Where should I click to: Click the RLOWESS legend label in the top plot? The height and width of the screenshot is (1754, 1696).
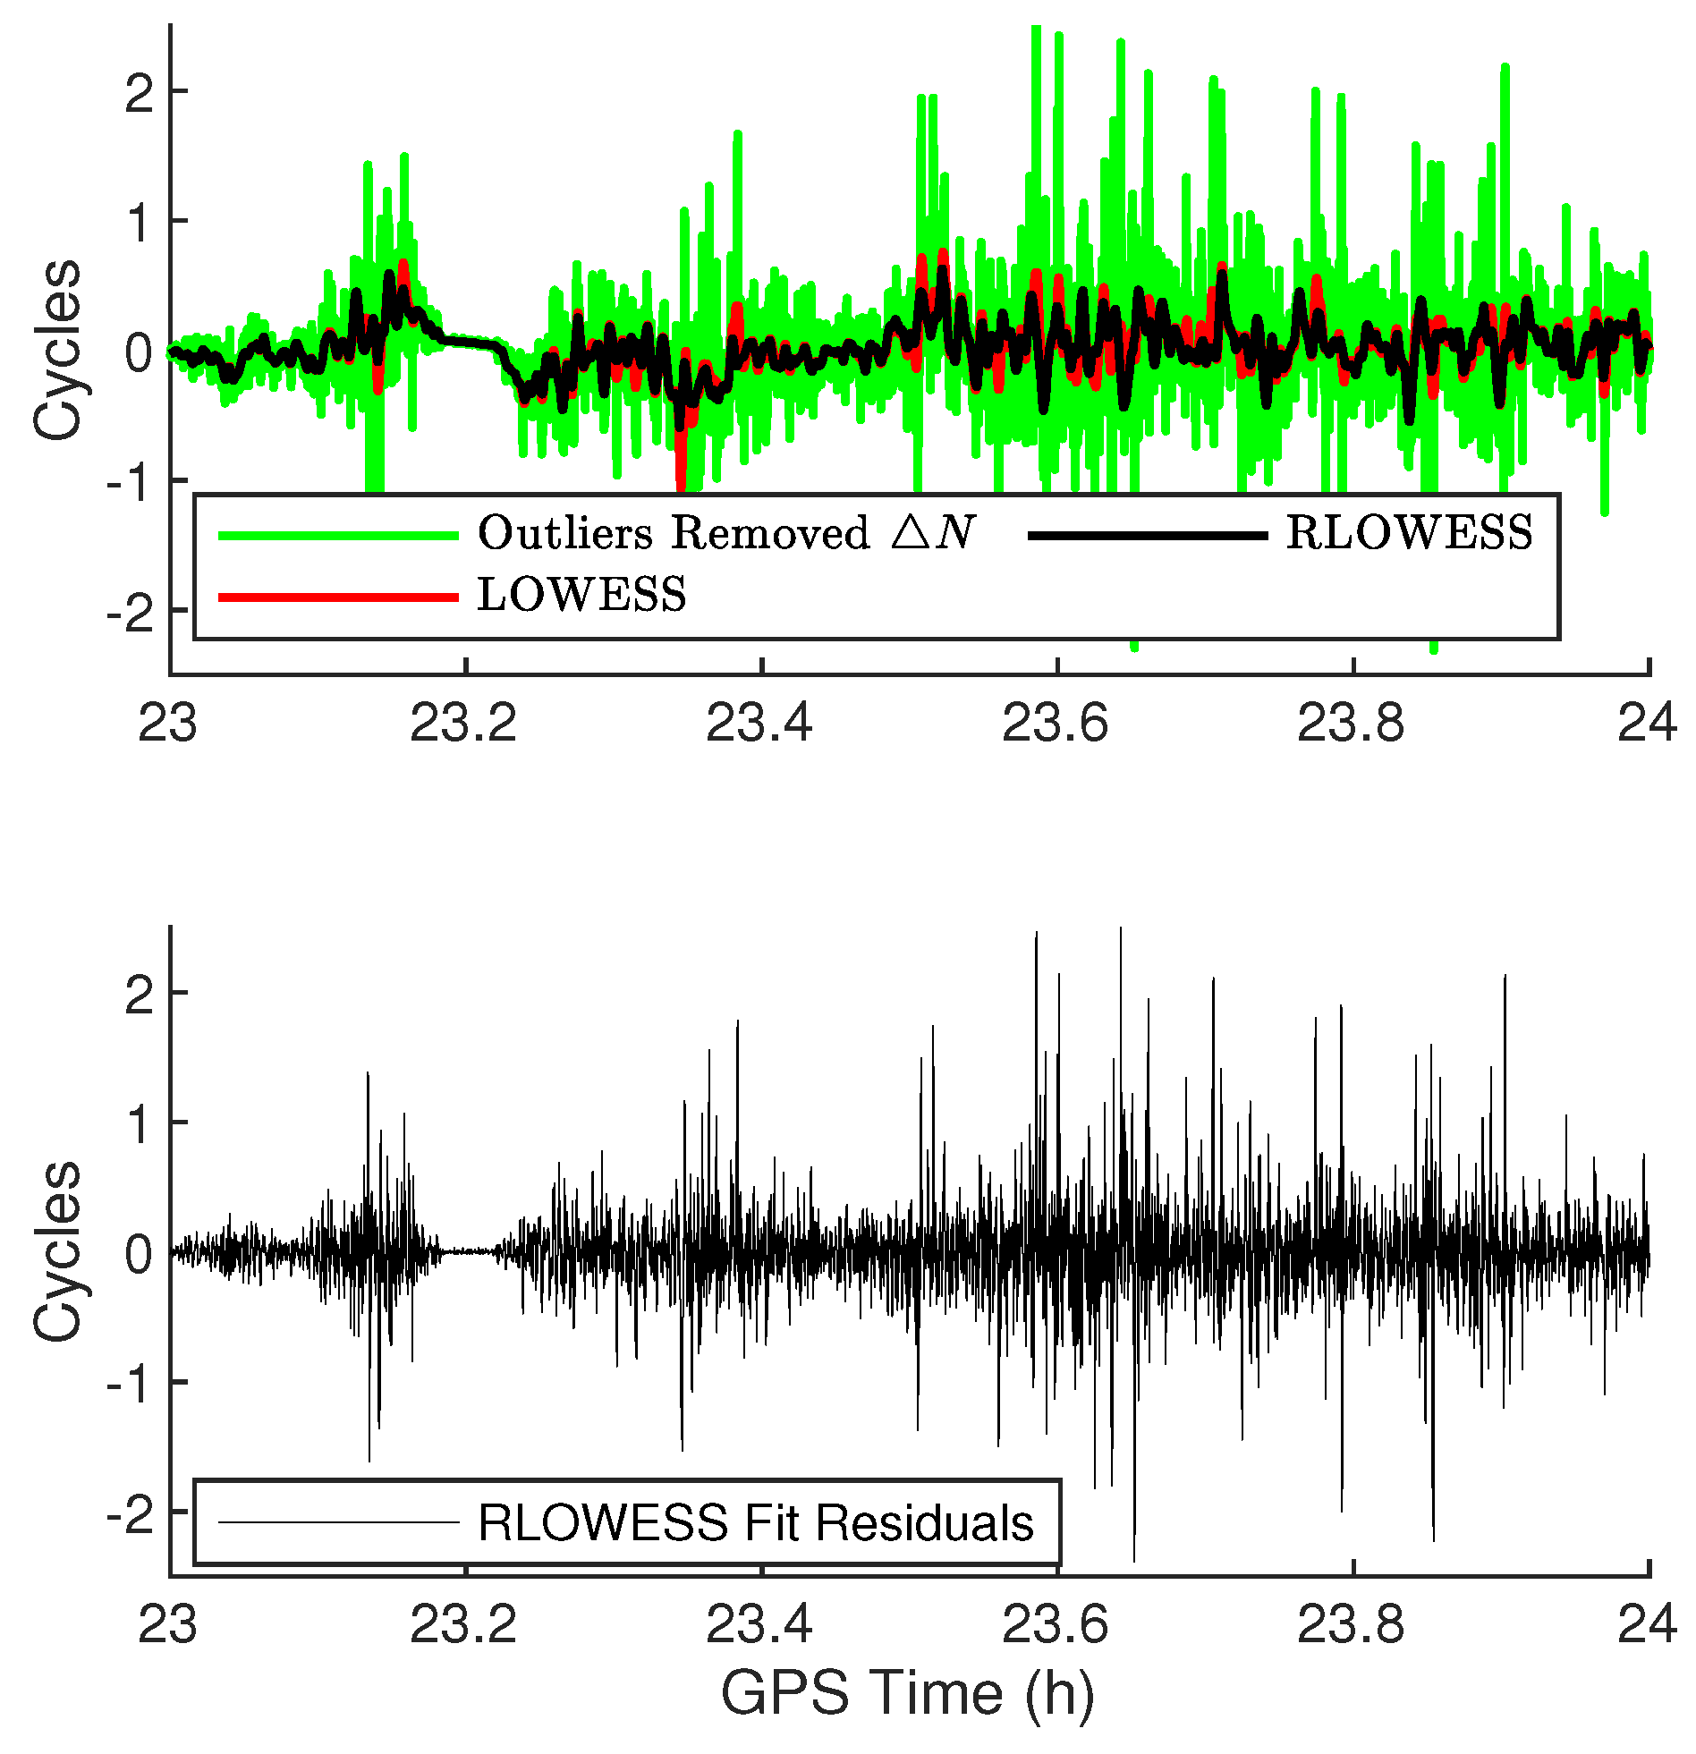click(x=1409, y=533)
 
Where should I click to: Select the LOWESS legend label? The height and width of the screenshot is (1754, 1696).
click(x=581, y=595)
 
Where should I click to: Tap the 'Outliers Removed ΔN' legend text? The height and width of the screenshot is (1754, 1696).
click(x=725, y=533)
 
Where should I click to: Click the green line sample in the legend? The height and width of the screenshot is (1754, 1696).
click(x=338, y=535)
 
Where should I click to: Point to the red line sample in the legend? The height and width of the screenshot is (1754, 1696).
click(x=338, y=597)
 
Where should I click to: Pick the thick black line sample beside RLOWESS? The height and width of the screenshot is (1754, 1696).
click(x=1148, y=535)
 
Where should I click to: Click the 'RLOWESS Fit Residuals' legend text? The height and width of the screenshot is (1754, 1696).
click(x=755, y=1522)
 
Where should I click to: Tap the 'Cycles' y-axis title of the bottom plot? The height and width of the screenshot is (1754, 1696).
click(x=57, y=1251)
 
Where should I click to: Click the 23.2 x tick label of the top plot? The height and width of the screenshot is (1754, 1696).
click(x=463, y=723)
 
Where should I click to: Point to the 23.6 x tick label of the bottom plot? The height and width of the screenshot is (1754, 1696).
click(x=1056, y=1624)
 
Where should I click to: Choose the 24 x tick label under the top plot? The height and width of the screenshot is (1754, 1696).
click(x=1646, y=723)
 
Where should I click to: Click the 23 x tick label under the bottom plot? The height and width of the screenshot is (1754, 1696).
click(x=167, y=1624)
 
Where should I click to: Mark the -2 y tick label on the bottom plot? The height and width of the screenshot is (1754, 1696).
click(x=131, y=1512)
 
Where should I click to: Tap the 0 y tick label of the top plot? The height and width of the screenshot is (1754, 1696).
click(x=140, y=352)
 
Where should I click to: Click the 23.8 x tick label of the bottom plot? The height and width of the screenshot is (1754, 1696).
click(x=1352, y=1624)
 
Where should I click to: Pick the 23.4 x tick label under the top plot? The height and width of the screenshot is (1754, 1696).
click(x=759, y=723)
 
